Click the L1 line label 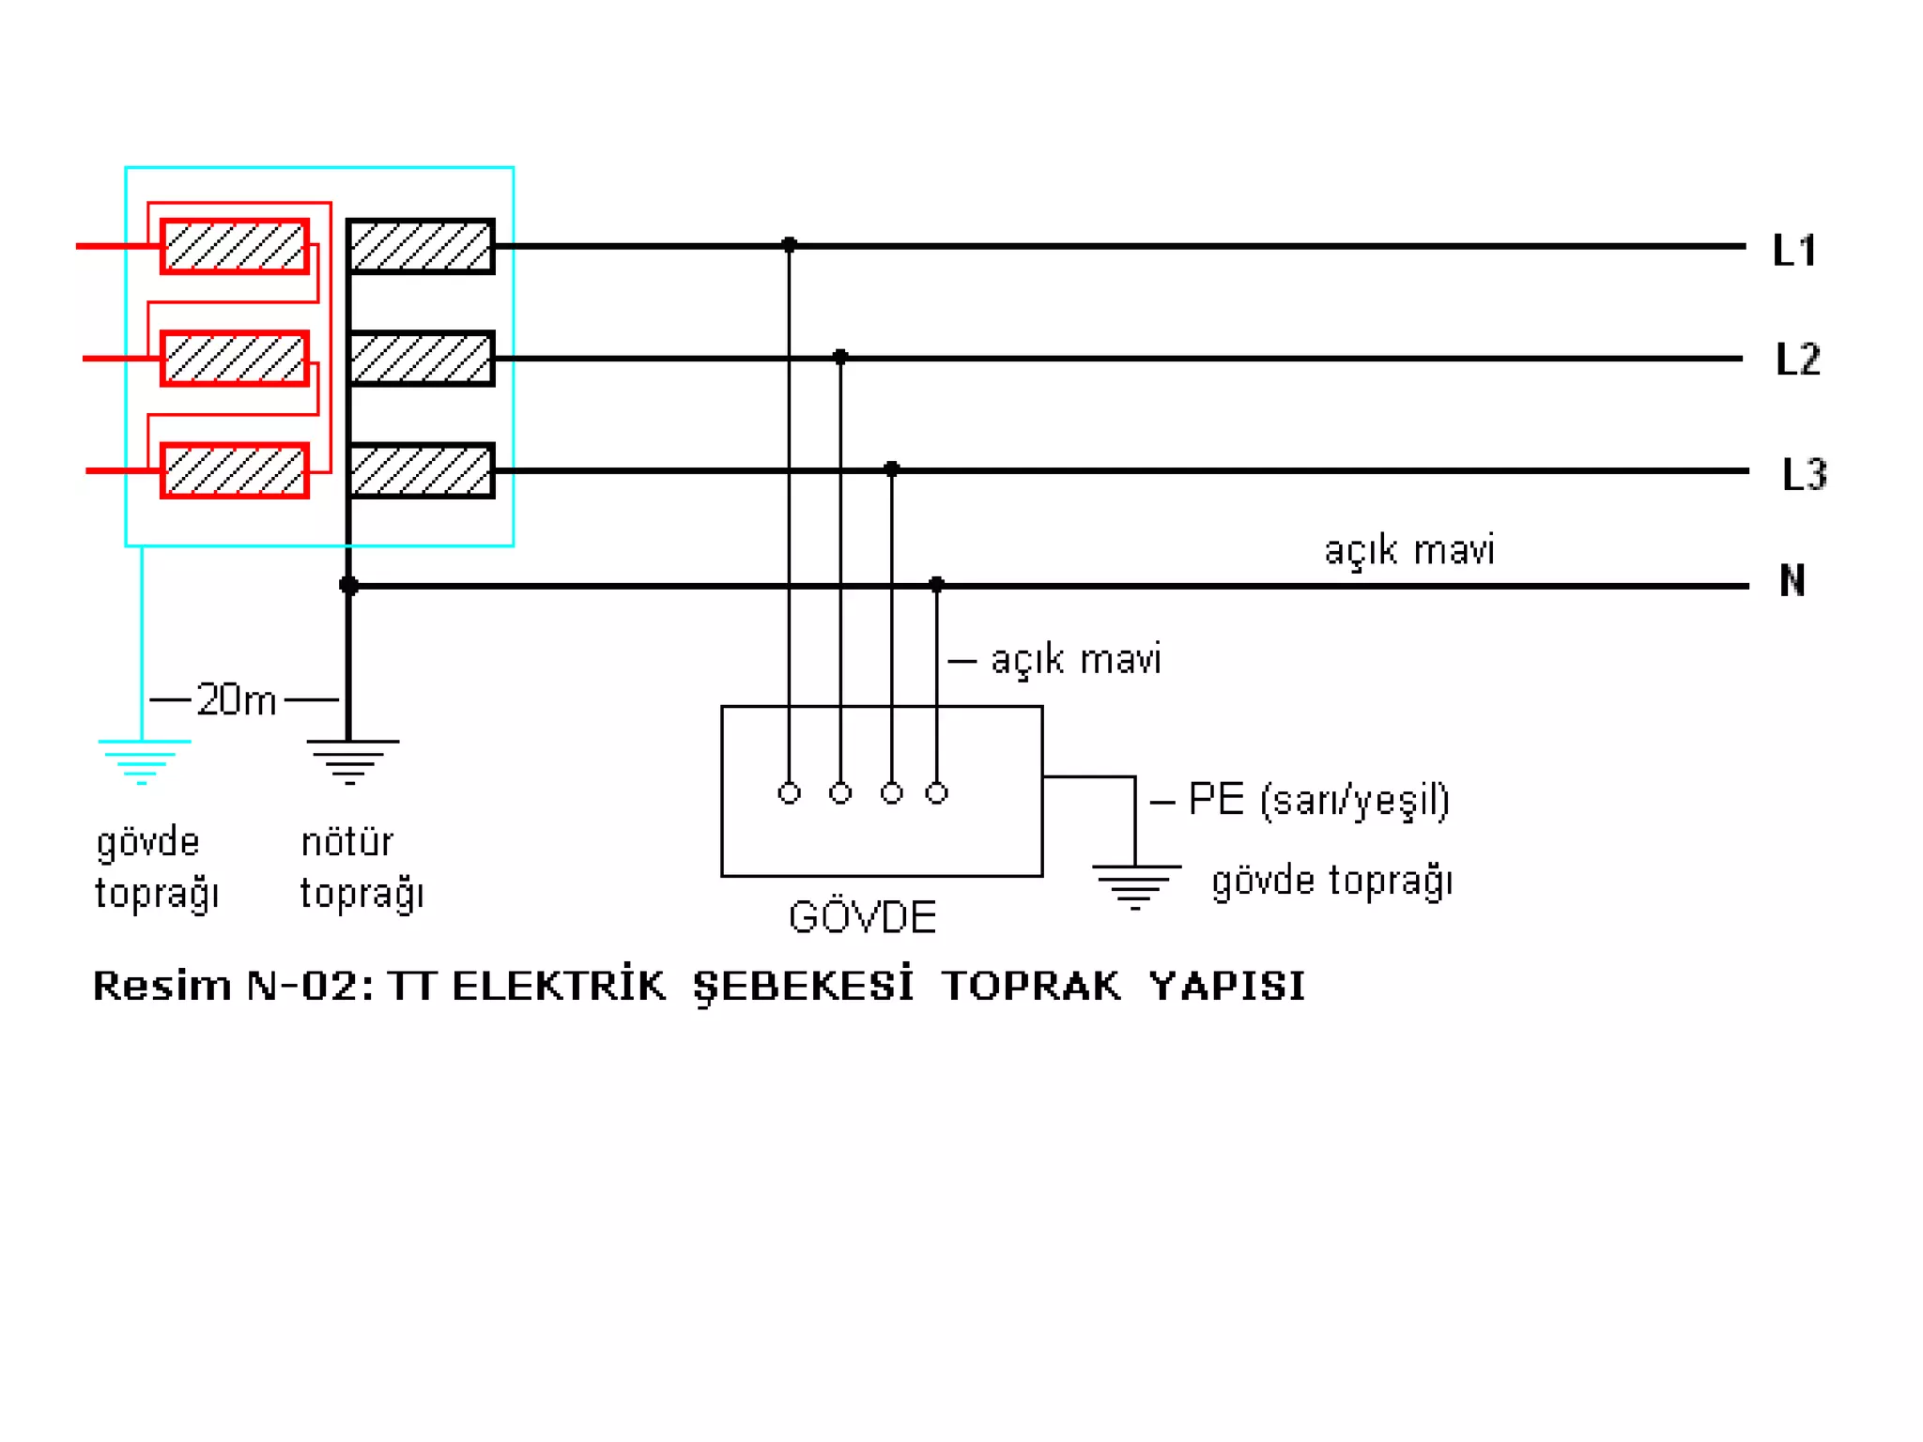(x=1794, y=251)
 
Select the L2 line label (x=1798, y=359)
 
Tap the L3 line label (x=1804, y=474)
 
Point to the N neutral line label (x=1792, y=580)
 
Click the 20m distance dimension (x=236, y=700)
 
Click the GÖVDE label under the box (x=862, y=917)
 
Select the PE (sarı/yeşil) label (x=1318, y=800)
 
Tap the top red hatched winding (x=235, y=247)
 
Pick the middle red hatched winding (x=235, y=359)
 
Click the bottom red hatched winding (x=235, y=470)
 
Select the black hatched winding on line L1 (x=421, y=247)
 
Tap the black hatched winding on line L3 (x=421, y=470)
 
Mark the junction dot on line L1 (x=790, y=245)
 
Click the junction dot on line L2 (x=840, y=357)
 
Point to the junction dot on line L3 (x=892, y=468)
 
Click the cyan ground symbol (x=143, y=760)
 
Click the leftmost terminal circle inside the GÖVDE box (x=790, y=793)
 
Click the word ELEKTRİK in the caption (x=559, y=986)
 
